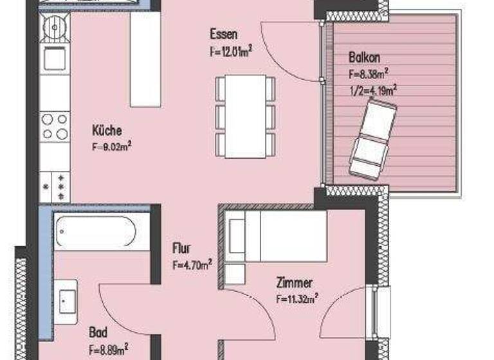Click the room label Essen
224,34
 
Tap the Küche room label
107,130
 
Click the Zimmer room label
294,283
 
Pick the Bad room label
98,334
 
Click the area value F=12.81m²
230,51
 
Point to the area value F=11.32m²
297,298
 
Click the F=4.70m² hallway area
192,264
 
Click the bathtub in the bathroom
95,231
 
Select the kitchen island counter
145,61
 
